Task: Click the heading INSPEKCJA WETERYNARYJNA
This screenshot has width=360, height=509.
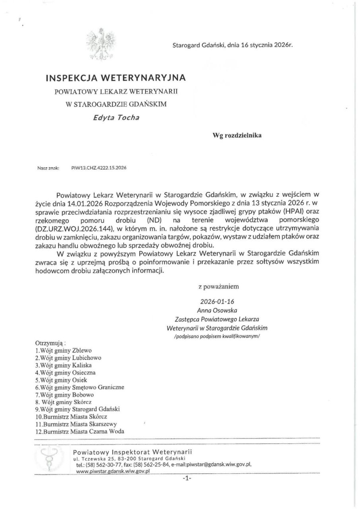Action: tap(116, 77)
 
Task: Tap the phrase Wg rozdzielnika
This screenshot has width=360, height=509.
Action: tap(237, 135)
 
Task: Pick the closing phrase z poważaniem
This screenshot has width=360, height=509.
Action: tap(219, 286)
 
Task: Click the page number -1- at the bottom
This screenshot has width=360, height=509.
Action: tap(187, 479)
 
